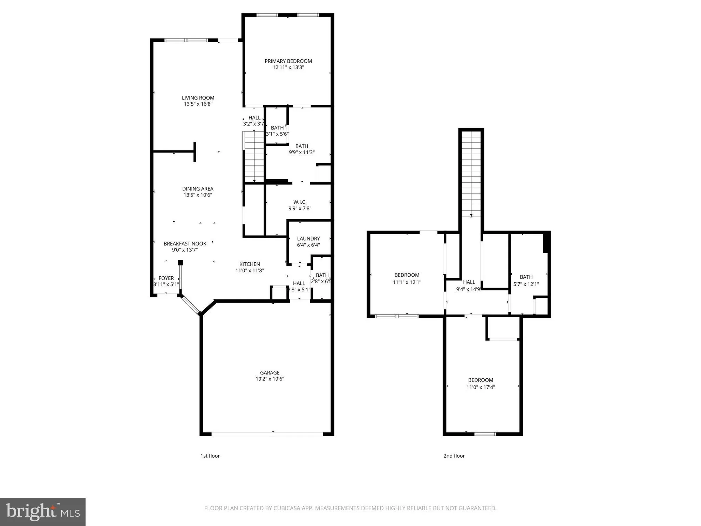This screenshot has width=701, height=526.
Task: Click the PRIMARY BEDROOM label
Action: coord(288,61)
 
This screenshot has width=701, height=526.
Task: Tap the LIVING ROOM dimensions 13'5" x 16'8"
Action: coord(198,104)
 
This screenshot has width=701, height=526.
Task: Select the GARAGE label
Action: coord(270,372)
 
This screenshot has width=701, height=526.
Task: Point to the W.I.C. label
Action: coord(300,202)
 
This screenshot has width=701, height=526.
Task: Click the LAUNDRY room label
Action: coord(308,238)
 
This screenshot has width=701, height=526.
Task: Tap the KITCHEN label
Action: coord(250,264)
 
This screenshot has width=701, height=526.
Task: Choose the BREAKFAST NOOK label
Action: coord(185,243)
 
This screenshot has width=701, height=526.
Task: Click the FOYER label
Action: coord(166,278)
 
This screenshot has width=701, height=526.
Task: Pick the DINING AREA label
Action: coord(198,189)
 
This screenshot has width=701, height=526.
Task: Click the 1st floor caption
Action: coord(210,456)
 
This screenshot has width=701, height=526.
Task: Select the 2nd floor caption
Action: coord(454,456)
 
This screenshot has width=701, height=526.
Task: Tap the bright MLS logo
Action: coord(43,512)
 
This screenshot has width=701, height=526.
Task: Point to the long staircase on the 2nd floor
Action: coord(471,174)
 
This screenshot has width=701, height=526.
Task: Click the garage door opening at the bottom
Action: coord(267,434)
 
